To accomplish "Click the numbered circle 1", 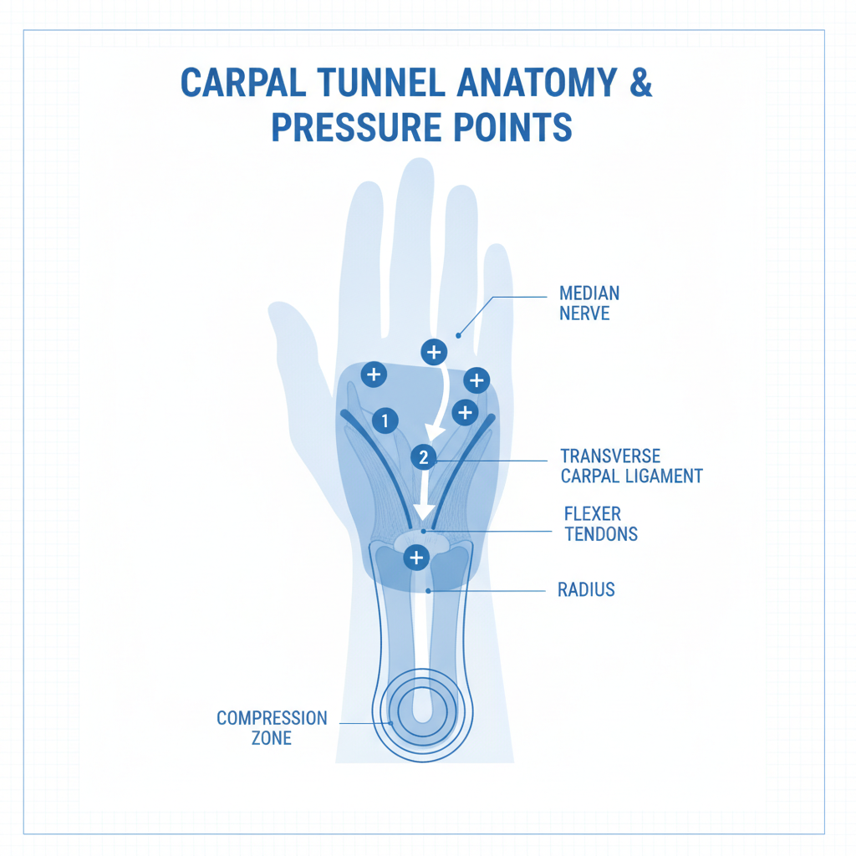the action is (385, 420).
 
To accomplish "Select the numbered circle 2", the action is (424, 457).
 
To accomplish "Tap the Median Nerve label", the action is (589, 303).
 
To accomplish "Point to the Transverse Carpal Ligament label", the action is (631, 466).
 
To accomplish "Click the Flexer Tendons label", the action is (600, 524).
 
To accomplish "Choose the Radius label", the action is (586, 589).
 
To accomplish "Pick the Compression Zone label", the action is (272, 728).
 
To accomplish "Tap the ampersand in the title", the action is (641, 83).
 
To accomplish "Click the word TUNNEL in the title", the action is (380, 83).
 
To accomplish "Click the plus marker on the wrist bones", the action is (416, 558).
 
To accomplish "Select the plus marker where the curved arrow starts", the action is (434, 352).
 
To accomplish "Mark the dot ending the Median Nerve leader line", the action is (459, 336).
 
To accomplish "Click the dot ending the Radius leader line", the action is (429, 591).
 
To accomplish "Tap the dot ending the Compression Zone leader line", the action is (391, 723).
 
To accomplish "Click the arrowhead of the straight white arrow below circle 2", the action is (424, 513).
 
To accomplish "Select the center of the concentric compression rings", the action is (423, 712).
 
